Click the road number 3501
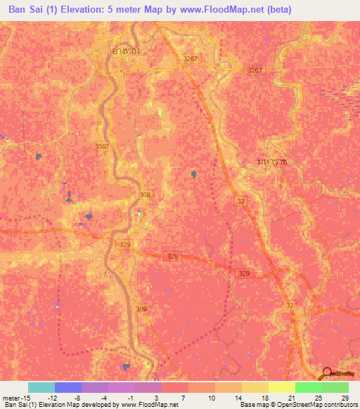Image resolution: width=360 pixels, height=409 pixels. coord(102,146)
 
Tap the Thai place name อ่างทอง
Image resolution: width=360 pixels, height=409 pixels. coord(114,51)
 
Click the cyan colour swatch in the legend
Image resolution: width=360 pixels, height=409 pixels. coord(41,387)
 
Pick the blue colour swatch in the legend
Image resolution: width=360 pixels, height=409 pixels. coord(68,387)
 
